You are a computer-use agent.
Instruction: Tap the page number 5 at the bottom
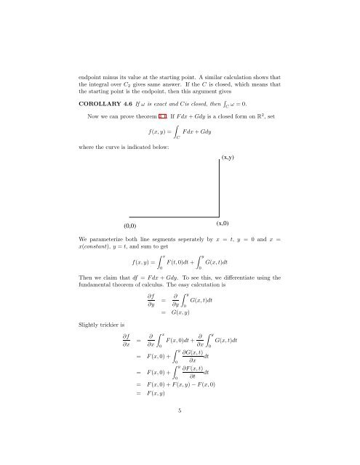[180, 430]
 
